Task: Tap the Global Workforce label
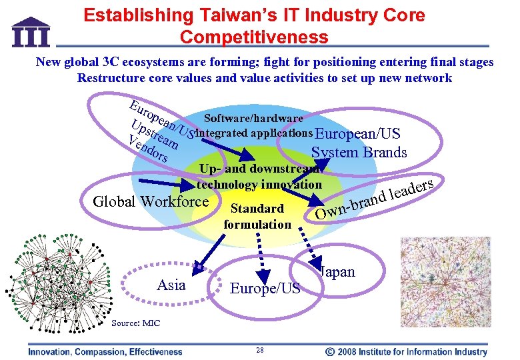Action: coord(151,201)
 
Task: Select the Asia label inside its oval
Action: coord(171,285)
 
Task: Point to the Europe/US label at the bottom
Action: coord(265,288)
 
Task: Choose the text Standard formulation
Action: coord(257,217)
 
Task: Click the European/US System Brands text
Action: coord(359,142)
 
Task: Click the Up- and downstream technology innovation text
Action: coord(259,177)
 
